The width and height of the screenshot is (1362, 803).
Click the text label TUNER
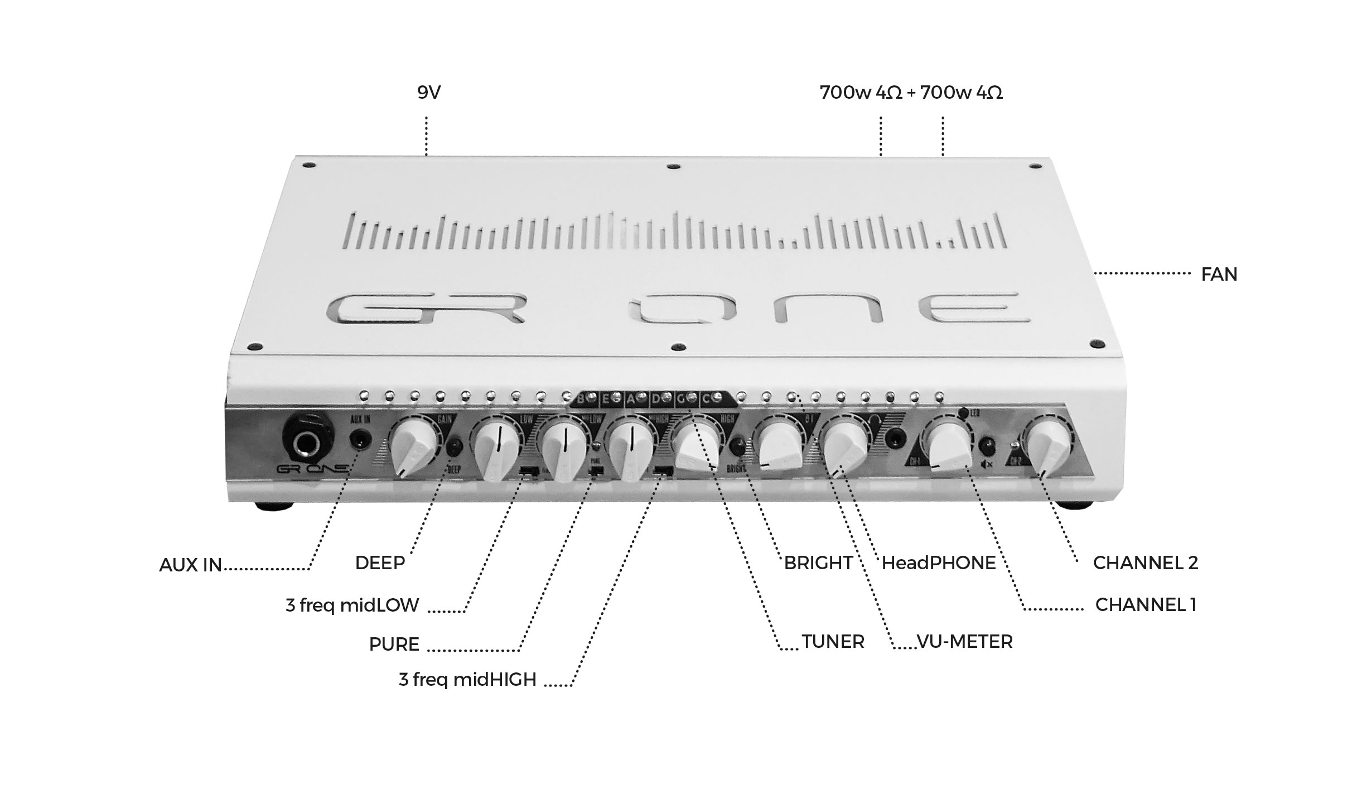833,642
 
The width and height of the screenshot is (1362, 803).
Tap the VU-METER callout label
965,642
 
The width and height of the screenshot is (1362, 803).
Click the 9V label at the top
428,93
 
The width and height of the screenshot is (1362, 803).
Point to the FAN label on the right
1219,275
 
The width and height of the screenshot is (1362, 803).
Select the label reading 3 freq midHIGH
467,680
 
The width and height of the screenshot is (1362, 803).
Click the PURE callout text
394,645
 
